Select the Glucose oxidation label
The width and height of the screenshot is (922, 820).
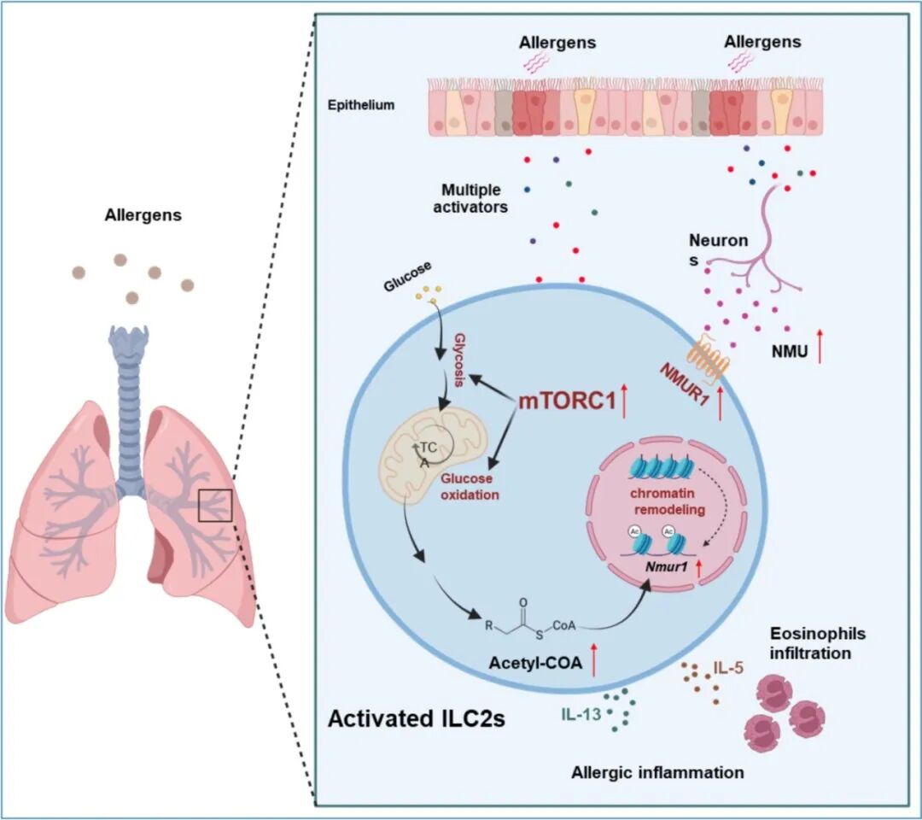click(x=469, y=488)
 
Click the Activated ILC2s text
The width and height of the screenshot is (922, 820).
click(x=417, y=718)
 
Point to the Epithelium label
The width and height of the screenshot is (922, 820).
click(x=362, y=105)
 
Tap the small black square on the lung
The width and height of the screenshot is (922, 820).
click(x=215, y=505)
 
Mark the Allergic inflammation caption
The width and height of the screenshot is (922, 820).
click(x=657, y=773)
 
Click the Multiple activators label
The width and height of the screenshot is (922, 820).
click(x=471, y=198)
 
